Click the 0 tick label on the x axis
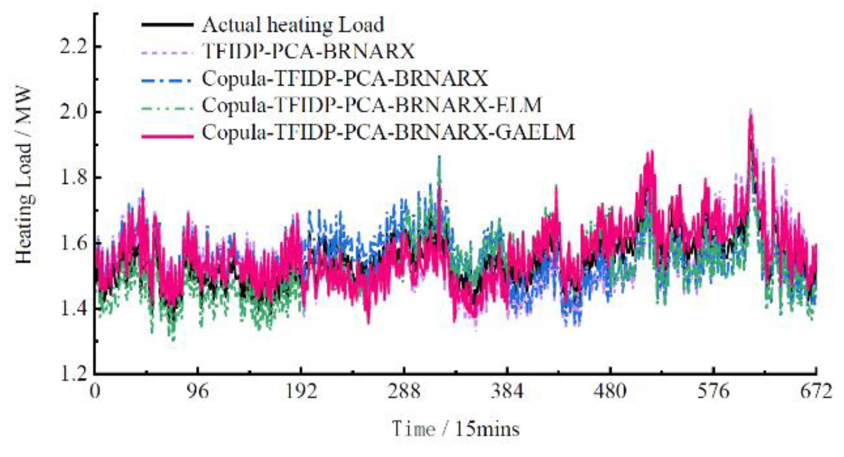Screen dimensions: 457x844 (95, 391)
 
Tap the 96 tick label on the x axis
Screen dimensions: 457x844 (198, 391)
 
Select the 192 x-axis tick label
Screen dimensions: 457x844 (301, 391)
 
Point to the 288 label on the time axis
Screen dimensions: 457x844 (404, 391)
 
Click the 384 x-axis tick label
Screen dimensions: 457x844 (507, 391)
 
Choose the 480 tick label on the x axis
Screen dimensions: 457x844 (610, 391)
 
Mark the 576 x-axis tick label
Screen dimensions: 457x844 (714, 391)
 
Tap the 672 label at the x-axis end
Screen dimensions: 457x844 (816, 391)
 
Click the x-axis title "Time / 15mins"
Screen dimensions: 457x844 (455, 428)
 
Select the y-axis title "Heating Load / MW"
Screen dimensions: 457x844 (23, 175)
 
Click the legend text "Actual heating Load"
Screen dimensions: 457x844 (292, 25)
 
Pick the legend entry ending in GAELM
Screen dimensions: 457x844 (388, 132)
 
